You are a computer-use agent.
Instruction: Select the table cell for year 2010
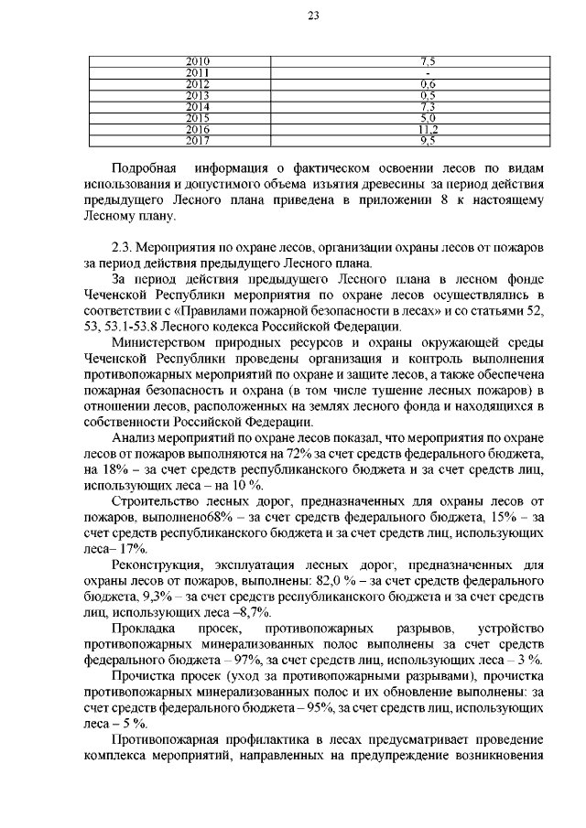click(x=198, y=60)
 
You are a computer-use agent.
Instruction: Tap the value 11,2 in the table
click(x=427, y=130)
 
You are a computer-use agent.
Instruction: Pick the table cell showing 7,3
click(x=427, y=107)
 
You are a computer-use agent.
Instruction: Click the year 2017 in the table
click(x=198, y=141)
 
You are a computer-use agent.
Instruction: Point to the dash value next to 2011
click(x=427, y=72)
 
